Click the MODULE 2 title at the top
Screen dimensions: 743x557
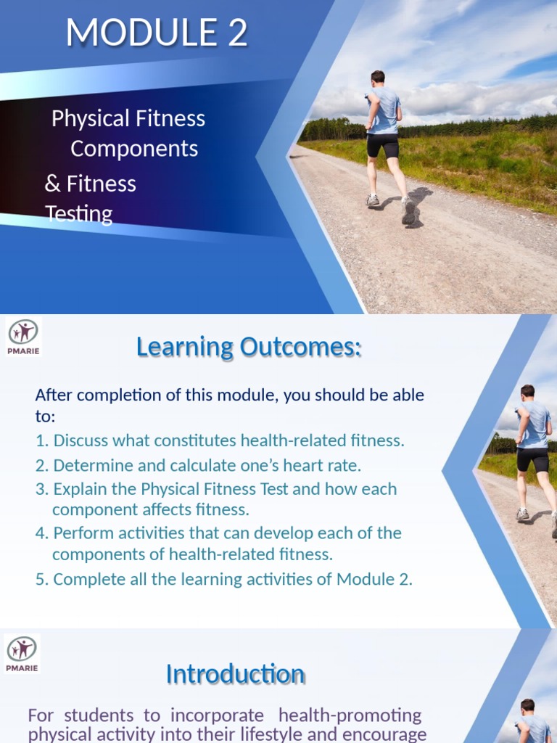pos(157,33)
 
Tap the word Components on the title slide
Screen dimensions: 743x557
pos(134,149)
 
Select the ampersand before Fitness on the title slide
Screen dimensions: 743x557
pos(52,184)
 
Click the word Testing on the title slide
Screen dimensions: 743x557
pos(79,214)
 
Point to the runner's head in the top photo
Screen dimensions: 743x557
pos(378,77)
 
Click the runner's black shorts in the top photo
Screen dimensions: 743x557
pos(382,145)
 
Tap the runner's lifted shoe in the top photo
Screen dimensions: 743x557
pos(408,211)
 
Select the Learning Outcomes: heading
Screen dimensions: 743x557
pos(248,348)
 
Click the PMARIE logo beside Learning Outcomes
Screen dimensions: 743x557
pos(24,336)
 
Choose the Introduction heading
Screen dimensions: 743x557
pos(235,674)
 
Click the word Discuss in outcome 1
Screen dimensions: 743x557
pos(82,440)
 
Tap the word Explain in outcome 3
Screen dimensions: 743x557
pos(82,489)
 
